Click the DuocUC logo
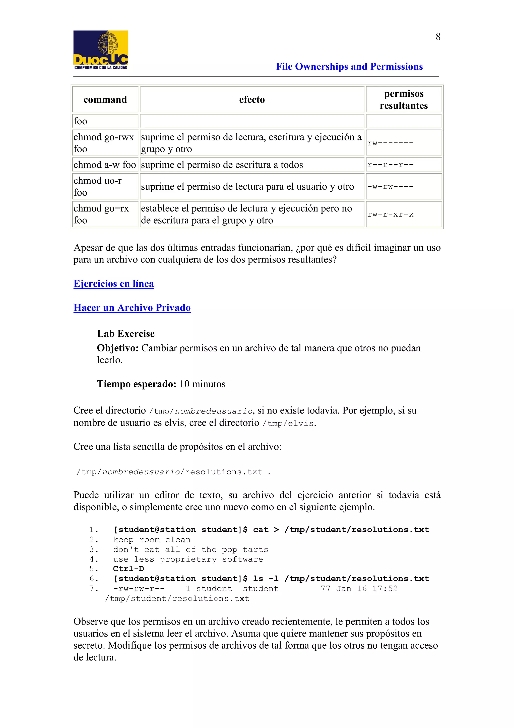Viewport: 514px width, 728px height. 101,50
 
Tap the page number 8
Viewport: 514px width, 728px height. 438,37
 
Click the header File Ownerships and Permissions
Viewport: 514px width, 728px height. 349,67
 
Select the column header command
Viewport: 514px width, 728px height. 105,99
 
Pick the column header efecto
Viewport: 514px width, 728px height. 252,99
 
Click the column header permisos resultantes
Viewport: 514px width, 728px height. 404,99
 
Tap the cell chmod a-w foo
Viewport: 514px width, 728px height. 104,165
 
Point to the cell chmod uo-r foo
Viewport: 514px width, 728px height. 98,186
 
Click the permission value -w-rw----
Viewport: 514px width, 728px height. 390,187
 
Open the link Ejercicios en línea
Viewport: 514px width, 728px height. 113,284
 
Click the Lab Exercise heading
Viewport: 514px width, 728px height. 125,334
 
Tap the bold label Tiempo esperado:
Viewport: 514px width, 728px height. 136,384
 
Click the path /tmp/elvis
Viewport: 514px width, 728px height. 288,424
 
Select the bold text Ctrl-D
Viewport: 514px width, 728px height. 128,569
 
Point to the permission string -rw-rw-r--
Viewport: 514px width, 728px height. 139,589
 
